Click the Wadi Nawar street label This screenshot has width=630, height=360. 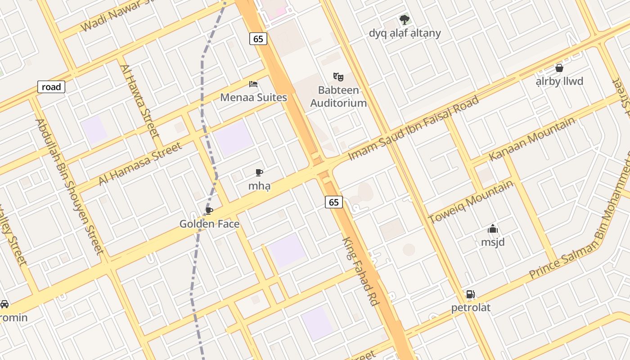pyautogui.click(x=121, y=16)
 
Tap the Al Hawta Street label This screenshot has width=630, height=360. pyautogui.click(x=139, y=101)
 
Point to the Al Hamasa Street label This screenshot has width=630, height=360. pyautogui.click(x=140, y=163)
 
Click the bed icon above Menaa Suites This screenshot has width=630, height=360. pyautogui.click(x=253, y=84)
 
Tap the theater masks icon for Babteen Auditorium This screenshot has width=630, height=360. pyautogui.click(x=338, y=76)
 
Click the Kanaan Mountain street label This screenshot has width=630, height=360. pyautogui.click(x=532, y=139)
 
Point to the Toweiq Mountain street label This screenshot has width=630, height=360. pyautogui.click(x=471, y=201)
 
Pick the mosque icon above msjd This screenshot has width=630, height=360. pyautogui.click(x=493, y=229)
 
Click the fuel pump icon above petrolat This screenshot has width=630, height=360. pyautogui.click(x=471, y=294)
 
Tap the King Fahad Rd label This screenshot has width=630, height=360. pyautogui.click(x=360, y=272)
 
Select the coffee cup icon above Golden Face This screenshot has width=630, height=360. pyautogui.click(x=209, y=211)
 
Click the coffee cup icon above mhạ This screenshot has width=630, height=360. pyautogui.click(x=259, y=172)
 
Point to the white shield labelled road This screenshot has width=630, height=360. pyautogui.click(x=51, y=87)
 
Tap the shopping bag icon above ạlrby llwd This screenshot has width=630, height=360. pyautogui.click(x=559, y=68)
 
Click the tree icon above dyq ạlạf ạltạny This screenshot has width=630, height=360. pyautogui.click(x=405, y=19)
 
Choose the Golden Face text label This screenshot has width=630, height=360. pyautogui.click(x=209, y=224)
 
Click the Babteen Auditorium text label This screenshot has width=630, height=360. pyautogui.click(x=338, y=96)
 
